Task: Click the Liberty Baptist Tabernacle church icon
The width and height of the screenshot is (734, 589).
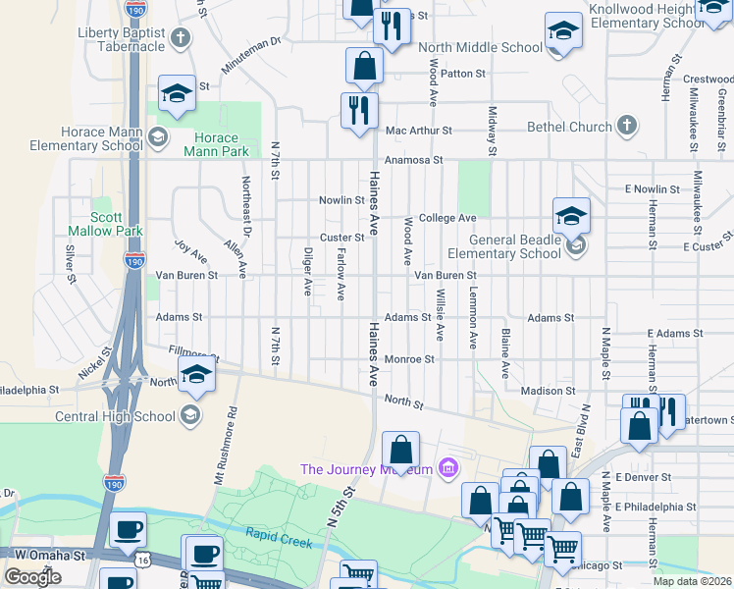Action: tap(180, 38)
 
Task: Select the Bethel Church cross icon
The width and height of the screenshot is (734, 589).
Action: tap(627, 127)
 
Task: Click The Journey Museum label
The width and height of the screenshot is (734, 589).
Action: tap(366, 469)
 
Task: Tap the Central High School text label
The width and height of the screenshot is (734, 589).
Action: tap(116, 416)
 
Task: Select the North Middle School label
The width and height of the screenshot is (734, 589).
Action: tap(480, 47)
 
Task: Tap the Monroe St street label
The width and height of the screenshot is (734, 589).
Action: tap(409, 360)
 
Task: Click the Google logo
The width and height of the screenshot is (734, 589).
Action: tap(32, 576)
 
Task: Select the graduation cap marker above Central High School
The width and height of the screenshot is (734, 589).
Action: tap(196, 374)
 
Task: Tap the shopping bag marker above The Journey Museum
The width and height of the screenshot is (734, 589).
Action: tap(400, 451)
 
